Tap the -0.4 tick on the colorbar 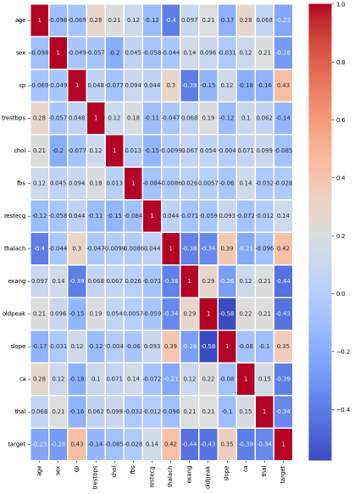[x=342, y=409]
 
